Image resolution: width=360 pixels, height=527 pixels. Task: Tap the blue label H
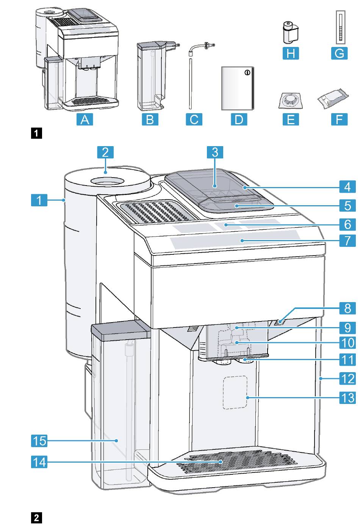[291, 53]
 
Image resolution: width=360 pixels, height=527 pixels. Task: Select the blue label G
[339, 53]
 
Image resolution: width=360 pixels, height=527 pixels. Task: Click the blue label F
[339, 120]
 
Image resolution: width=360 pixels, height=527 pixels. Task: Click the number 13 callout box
[347, 398]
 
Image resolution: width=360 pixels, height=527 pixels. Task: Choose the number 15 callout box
[39, 441]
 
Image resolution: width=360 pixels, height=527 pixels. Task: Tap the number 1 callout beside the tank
[39, 200]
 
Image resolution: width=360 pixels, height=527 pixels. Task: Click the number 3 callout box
[215, 152]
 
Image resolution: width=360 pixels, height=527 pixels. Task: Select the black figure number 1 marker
[36, 133]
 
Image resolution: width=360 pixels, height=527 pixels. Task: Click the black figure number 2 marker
[36, 518]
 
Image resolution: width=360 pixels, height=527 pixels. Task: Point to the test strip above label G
[340, 27]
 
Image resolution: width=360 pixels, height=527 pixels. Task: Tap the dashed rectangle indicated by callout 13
[235, 393]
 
